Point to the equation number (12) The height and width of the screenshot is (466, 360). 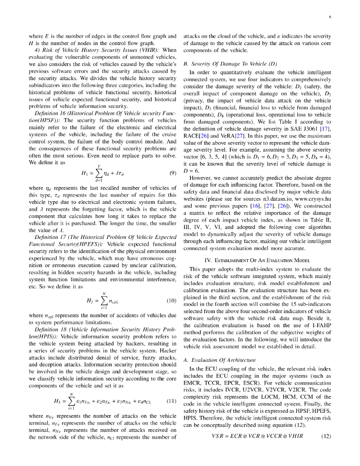(326, 436)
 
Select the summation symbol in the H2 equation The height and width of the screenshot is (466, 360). (104, 300)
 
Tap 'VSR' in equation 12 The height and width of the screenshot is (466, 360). (218, 436)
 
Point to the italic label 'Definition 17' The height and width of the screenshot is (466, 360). (50, 237)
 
